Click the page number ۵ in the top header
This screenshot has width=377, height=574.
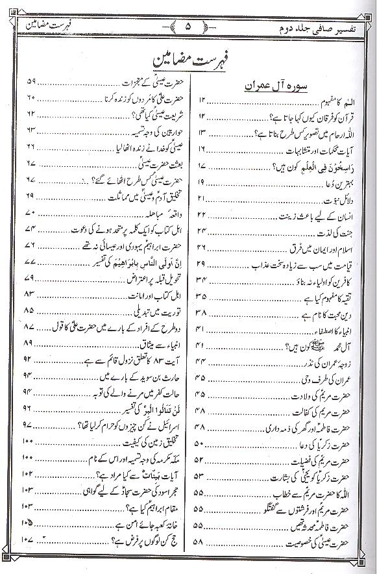pos(188,28)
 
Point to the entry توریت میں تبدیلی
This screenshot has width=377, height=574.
pos(146,310)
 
